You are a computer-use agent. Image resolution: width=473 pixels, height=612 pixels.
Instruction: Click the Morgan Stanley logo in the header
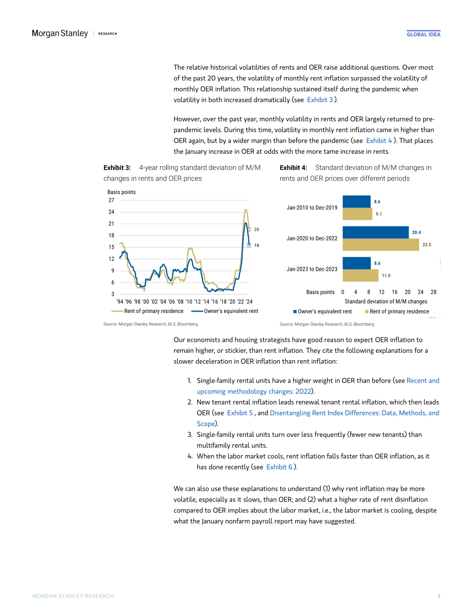[x=60, y=33]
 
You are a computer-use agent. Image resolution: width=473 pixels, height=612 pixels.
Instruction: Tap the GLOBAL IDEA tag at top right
[x=423, y=34]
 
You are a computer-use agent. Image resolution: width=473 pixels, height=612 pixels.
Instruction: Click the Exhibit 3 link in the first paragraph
[x=320, y=100]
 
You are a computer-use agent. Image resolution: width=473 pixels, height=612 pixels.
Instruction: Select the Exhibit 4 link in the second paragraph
[x=378, y=141]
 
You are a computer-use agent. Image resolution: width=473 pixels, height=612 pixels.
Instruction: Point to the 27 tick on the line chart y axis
[x=111, y=200]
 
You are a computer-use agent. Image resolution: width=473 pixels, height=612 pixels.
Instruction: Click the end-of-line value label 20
[x=257, y=229]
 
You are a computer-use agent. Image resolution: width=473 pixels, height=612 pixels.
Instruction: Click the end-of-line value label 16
[x=257, y=245]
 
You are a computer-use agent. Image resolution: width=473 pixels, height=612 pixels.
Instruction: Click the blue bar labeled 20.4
[x=375, y=232]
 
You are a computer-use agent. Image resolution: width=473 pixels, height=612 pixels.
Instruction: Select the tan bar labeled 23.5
[x=381, y=244]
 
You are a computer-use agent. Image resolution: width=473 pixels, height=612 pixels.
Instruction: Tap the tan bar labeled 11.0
[x=360, y=275]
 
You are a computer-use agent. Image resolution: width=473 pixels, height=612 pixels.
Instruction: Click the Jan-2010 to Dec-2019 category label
[x=312, y=207]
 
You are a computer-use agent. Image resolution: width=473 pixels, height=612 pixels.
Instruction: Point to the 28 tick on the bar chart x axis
[x=433, y=292]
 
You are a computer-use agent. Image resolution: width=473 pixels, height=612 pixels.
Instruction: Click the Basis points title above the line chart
[x=121, y=192]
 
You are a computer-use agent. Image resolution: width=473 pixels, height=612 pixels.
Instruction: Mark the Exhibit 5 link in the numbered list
[x=240, y=413]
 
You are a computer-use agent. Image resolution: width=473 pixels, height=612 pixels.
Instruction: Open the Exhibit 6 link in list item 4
[x=279, y=467]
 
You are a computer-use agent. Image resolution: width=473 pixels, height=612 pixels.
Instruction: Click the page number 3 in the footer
[x=439, y=596]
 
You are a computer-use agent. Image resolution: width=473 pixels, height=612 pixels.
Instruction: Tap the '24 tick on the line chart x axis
[x=249, y=302]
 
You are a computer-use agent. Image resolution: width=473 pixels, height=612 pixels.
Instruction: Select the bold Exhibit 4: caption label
[x=293, y=168]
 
